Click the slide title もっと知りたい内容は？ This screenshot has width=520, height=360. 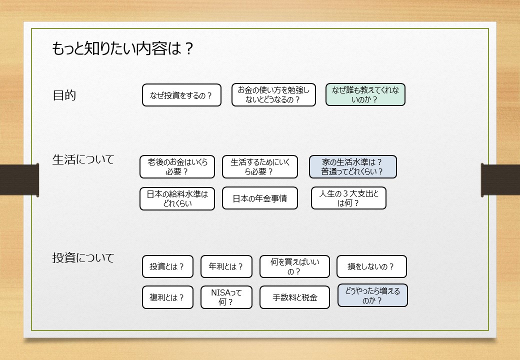122,48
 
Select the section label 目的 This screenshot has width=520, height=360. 64,95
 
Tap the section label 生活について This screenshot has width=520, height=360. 83,159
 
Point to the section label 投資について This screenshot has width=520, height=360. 83,257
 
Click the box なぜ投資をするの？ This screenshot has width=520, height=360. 181,95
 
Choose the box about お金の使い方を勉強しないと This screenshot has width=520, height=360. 273,95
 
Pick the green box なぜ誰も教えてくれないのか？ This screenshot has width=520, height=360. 365,94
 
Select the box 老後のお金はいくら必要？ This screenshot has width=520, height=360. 177,166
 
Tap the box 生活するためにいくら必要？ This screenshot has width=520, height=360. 260,166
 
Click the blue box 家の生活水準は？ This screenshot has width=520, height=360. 353,166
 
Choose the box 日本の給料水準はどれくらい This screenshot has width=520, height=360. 177,199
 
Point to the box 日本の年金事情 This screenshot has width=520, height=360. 260,198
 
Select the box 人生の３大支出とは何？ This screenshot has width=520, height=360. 348,198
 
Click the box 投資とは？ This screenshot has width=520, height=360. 167,266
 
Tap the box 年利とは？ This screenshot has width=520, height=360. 226,266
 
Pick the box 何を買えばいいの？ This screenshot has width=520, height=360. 295,266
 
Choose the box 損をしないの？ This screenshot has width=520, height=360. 372,266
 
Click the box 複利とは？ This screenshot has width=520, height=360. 167,297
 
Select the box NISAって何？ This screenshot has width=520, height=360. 226,297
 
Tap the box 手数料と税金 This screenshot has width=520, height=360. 295,297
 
